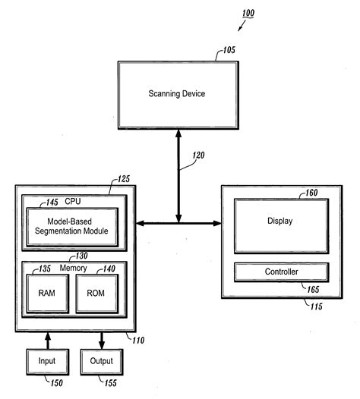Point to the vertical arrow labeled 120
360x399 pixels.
(180, 176)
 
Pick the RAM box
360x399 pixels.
(47, 292)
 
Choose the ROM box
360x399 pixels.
(96, 292)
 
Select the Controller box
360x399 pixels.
(280, 272)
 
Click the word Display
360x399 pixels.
(280, 221)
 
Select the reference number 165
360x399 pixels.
(311, 289)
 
